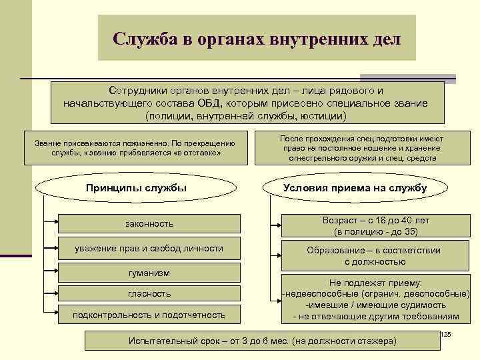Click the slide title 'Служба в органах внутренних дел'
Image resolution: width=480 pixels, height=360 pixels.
click(257, 38)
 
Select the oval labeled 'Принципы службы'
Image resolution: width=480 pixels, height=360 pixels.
click(136, 188)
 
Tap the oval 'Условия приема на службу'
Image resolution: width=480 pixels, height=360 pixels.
click(355, 188)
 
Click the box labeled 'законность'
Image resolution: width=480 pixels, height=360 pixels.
click(149, 223)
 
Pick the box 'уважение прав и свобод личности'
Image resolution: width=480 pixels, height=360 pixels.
click(149, 249)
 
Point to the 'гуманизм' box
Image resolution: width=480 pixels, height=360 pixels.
click(149, 273)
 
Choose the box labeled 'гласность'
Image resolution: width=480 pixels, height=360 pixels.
click(149, 293)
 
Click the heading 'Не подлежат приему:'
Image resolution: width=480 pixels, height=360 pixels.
click(376, 283)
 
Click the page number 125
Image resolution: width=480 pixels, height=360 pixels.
click(446, 334)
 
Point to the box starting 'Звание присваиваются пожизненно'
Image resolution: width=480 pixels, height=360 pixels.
click(135, 148)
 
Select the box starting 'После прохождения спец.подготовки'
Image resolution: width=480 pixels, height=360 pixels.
click(362, 148)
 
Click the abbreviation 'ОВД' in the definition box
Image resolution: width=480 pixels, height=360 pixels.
click(213, 104)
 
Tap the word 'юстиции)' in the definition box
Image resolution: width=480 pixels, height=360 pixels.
click(323, 116)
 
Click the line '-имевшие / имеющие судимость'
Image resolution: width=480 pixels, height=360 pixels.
click(376, 305)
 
